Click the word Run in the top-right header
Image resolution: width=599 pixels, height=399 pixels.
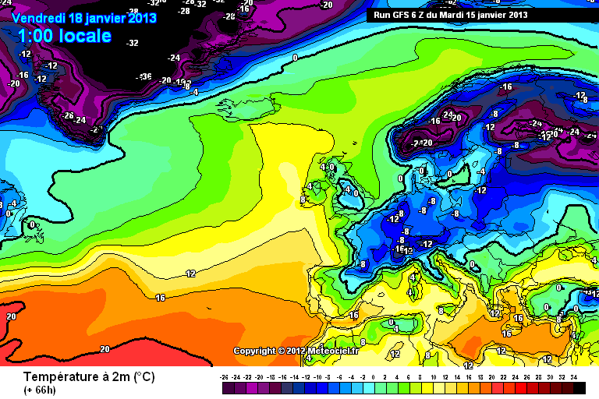pos(381,15)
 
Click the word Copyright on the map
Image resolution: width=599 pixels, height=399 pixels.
pos(253,351)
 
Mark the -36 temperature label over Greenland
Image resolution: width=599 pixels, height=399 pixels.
pos(144,76)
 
